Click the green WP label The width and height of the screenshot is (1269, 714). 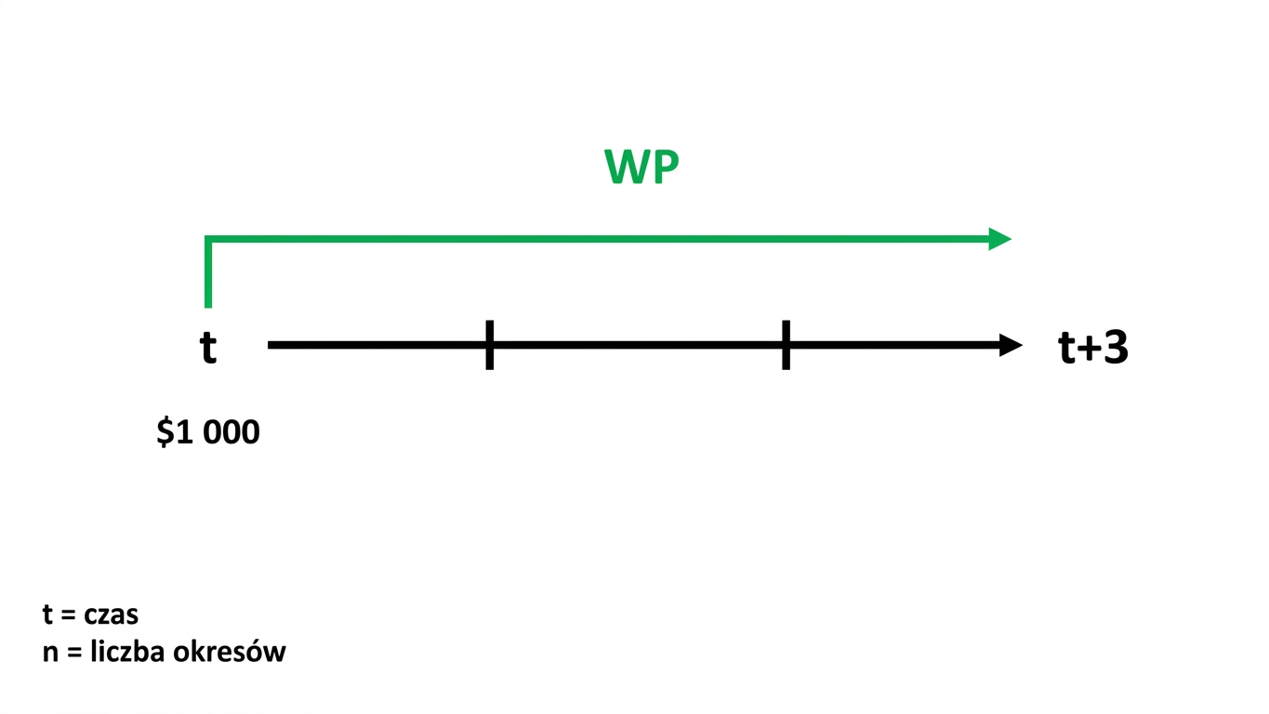[641, 166]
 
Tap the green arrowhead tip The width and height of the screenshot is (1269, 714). [1011, 239]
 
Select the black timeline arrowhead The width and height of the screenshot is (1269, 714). [1011, 345]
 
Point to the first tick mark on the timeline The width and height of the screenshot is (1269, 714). [489, 345]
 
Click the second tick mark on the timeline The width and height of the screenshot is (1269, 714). [786, 345]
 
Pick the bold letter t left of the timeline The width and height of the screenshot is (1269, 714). [208, 347]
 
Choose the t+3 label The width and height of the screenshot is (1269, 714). [1092, 347]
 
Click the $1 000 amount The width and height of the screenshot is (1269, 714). [208, 431]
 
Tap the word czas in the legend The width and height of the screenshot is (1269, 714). [111, 615]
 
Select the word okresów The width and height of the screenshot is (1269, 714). [230, 652]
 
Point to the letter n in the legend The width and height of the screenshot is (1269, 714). [50, 654]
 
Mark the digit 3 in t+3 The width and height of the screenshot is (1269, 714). [1115, 347]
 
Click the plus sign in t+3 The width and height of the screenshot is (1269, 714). [1089, 348]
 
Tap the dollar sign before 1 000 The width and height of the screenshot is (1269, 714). [165, 431]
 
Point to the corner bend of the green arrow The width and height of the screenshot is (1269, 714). [208, 239]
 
